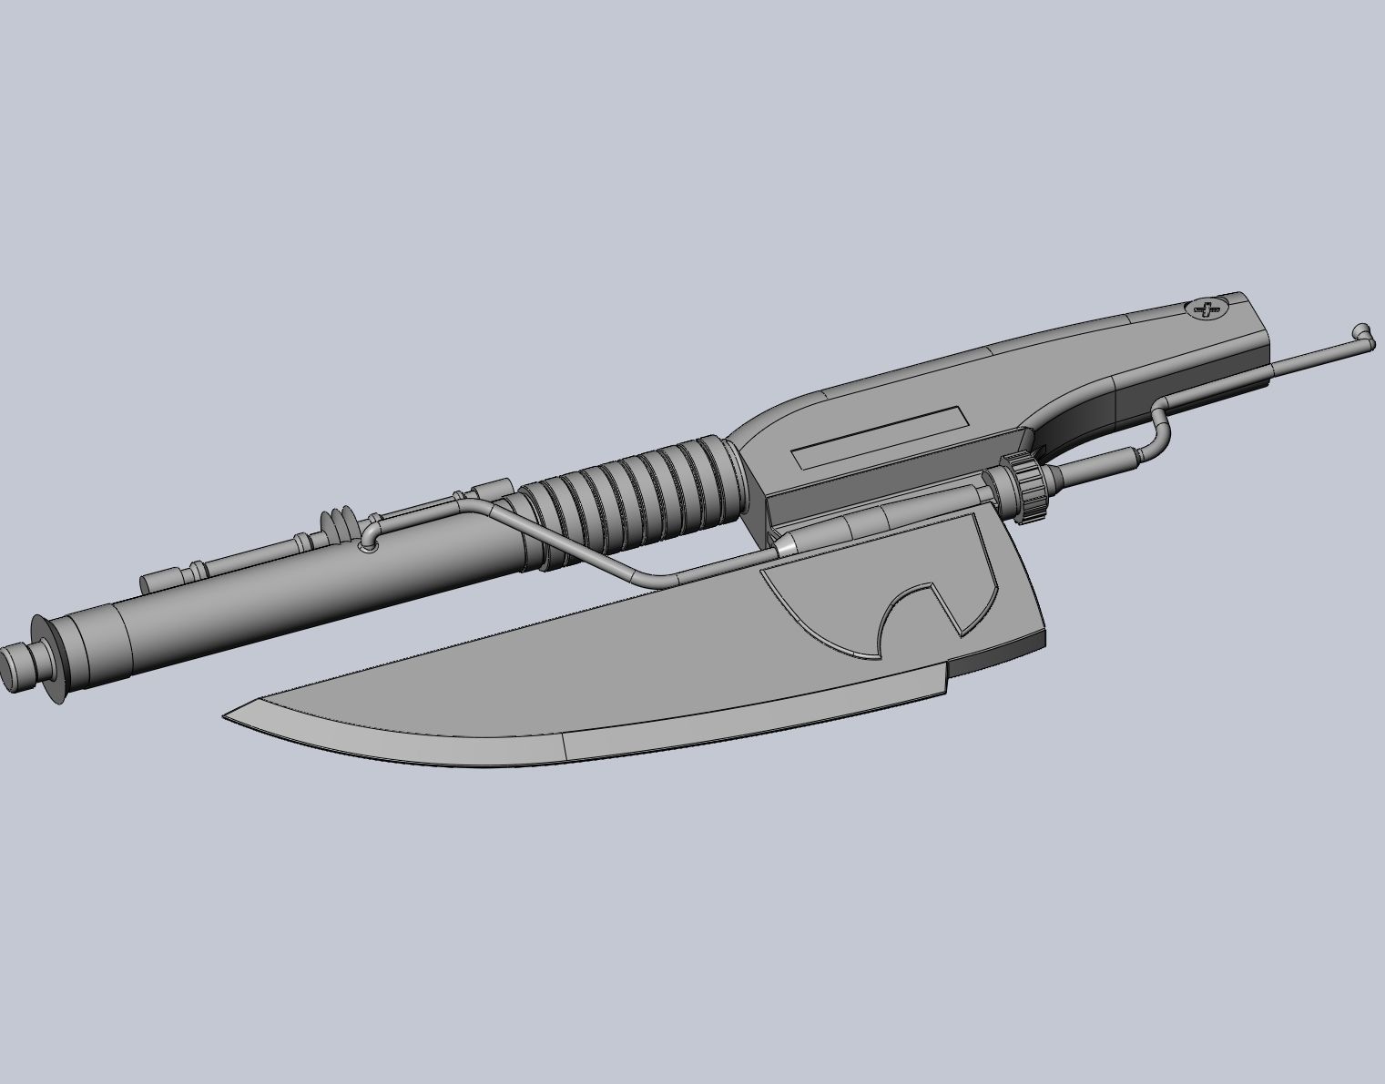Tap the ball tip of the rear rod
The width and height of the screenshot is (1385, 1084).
pos(1361,332)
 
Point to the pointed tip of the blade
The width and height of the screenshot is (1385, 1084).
pos(228,714)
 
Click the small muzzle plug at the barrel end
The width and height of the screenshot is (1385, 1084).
pos(16,667)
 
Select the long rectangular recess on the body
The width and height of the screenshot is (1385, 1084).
pos(879,437)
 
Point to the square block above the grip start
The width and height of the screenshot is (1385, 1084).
pos(493,491)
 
